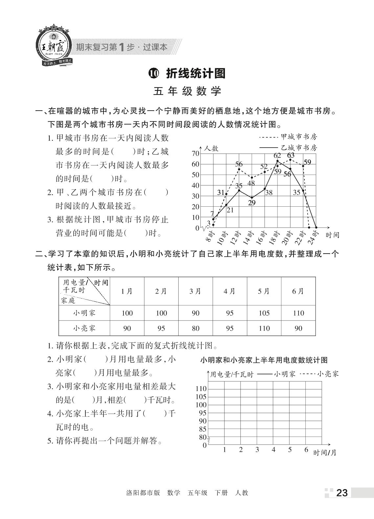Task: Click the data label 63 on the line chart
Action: coord(291,155)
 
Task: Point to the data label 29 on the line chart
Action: coord(252,203)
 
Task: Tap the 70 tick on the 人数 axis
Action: coord(195,154)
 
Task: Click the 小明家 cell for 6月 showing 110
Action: coord(298,313)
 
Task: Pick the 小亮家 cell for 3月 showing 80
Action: coord(195,328)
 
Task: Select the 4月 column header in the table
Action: coord(230,291)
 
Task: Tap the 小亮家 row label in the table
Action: coord(84,328)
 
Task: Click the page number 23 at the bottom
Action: coord(341,493)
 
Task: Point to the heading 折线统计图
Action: coord(196,73)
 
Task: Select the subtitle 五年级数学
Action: coord(187,91)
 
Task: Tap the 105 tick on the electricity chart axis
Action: coord(201,397)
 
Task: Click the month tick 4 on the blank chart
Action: coord(273,450)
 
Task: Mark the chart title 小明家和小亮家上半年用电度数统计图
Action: coord(264,360)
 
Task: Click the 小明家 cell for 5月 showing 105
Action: coord(264,313)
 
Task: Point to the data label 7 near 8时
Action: coord(212,214)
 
